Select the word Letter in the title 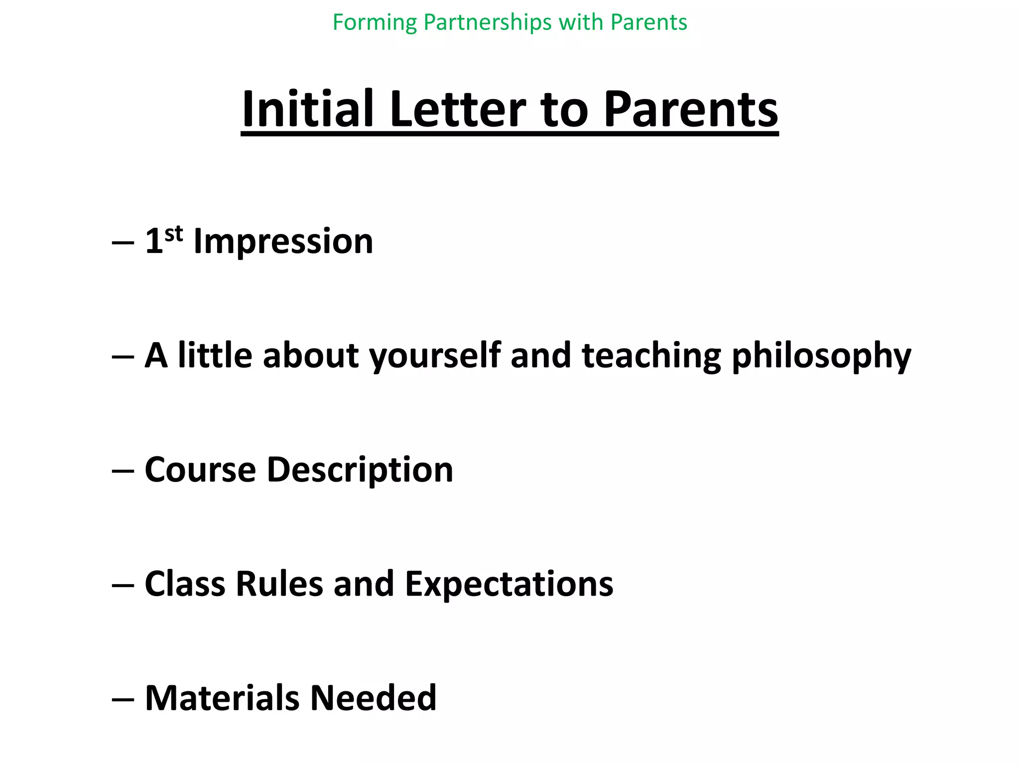tap(457, 110)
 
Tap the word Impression tap(283, 242)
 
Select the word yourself tap(434, 356)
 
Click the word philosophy tap(821, 356)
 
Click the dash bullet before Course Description tap(123, 471)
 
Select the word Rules tap(279, 584)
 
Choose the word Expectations tap(509, 584)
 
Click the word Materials tap(222, 698)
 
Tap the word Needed tap(373, 698)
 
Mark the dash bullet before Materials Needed tap(123, 699)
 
